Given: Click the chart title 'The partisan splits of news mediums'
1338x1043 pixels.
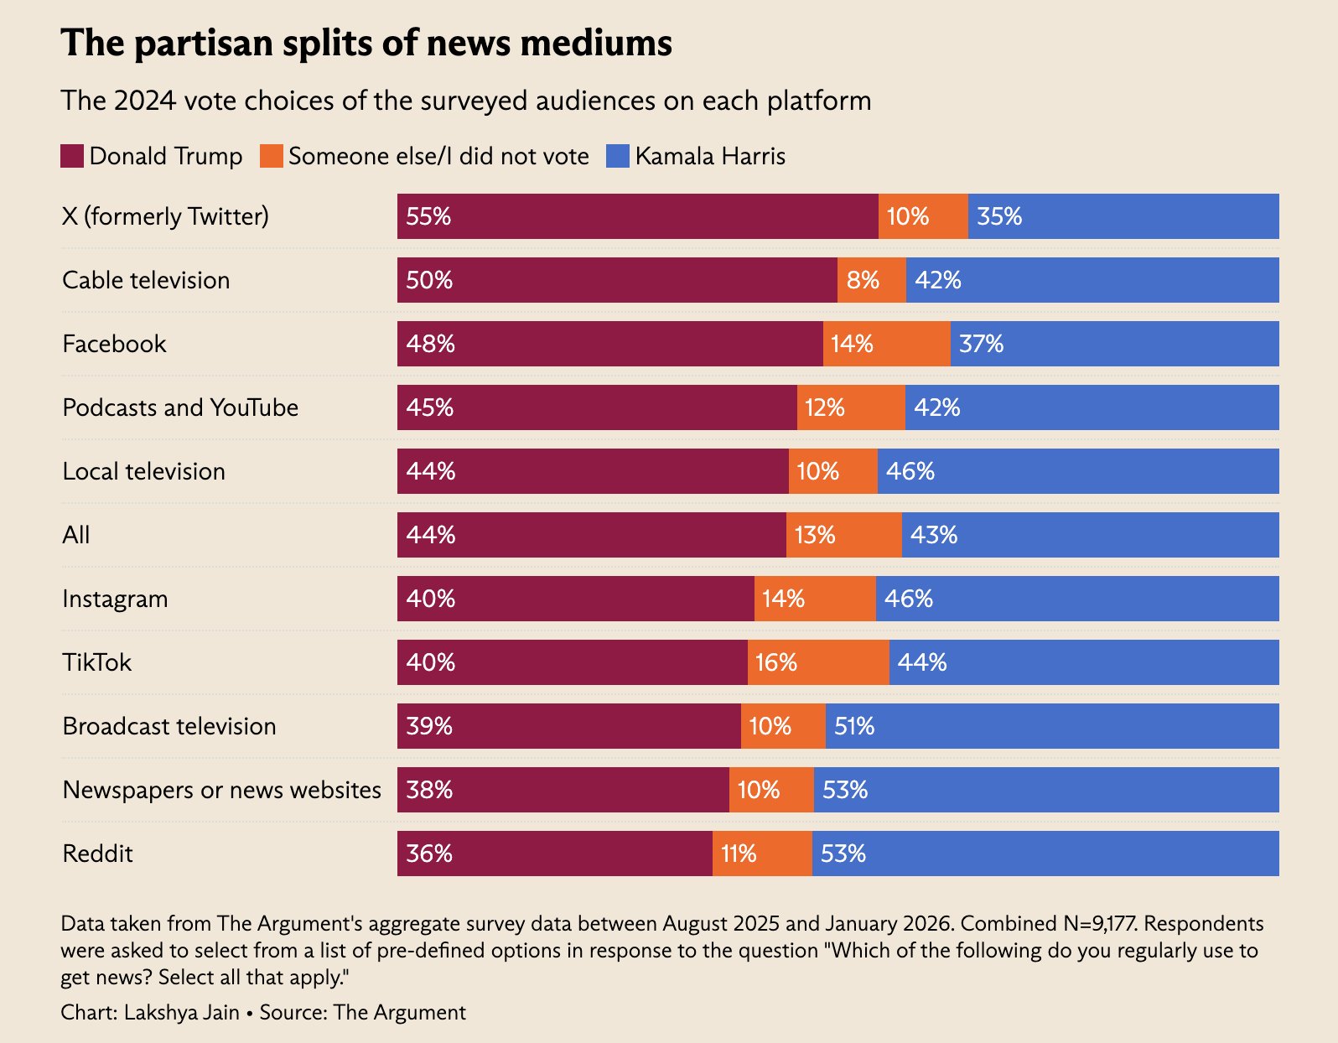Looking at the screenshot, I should pos(366,44).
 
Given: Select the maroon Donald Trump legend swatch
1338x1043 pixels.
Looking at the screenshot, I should pos(72,156).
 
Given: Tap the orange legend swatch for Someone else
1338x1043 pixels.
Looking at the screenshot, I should pos(271,156).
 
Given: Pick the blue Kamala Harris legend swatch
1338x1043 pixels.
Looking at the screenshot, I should pos(618,156).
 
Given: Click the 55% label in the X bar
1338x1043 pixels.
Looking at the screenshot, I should pos(428,216).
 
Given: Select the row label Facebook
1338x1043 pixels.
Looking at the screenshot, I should pos(115,344).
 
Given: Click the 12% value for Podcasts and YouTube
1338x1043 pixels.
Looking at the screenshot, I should pos(825,407).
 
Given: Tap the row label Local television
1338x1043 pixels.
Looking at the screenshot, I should pos(144,471).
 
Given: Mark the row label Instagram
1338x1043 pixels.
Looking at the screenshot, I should pos(116,599).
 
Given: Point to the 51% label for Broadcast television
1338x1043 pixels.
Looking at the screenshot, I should pos(854,726).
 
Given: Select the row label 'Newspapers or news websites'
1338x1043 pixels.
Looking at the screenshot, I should pos(222,790).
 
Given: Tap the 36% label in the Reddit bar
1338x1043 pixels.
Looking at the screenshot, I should pos(429,854).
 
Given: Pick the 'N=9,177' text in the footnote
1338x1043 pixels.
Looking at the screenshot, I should pos(1098,923).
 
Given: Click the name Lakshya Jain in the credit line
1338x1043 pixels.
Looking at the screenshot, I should pos(182,1012).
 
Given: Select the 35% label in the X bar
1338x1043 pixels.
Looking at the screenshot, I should pos(999,216).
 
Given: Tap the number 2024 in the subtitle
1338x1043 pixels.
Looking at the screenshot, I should pos(144,101).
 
